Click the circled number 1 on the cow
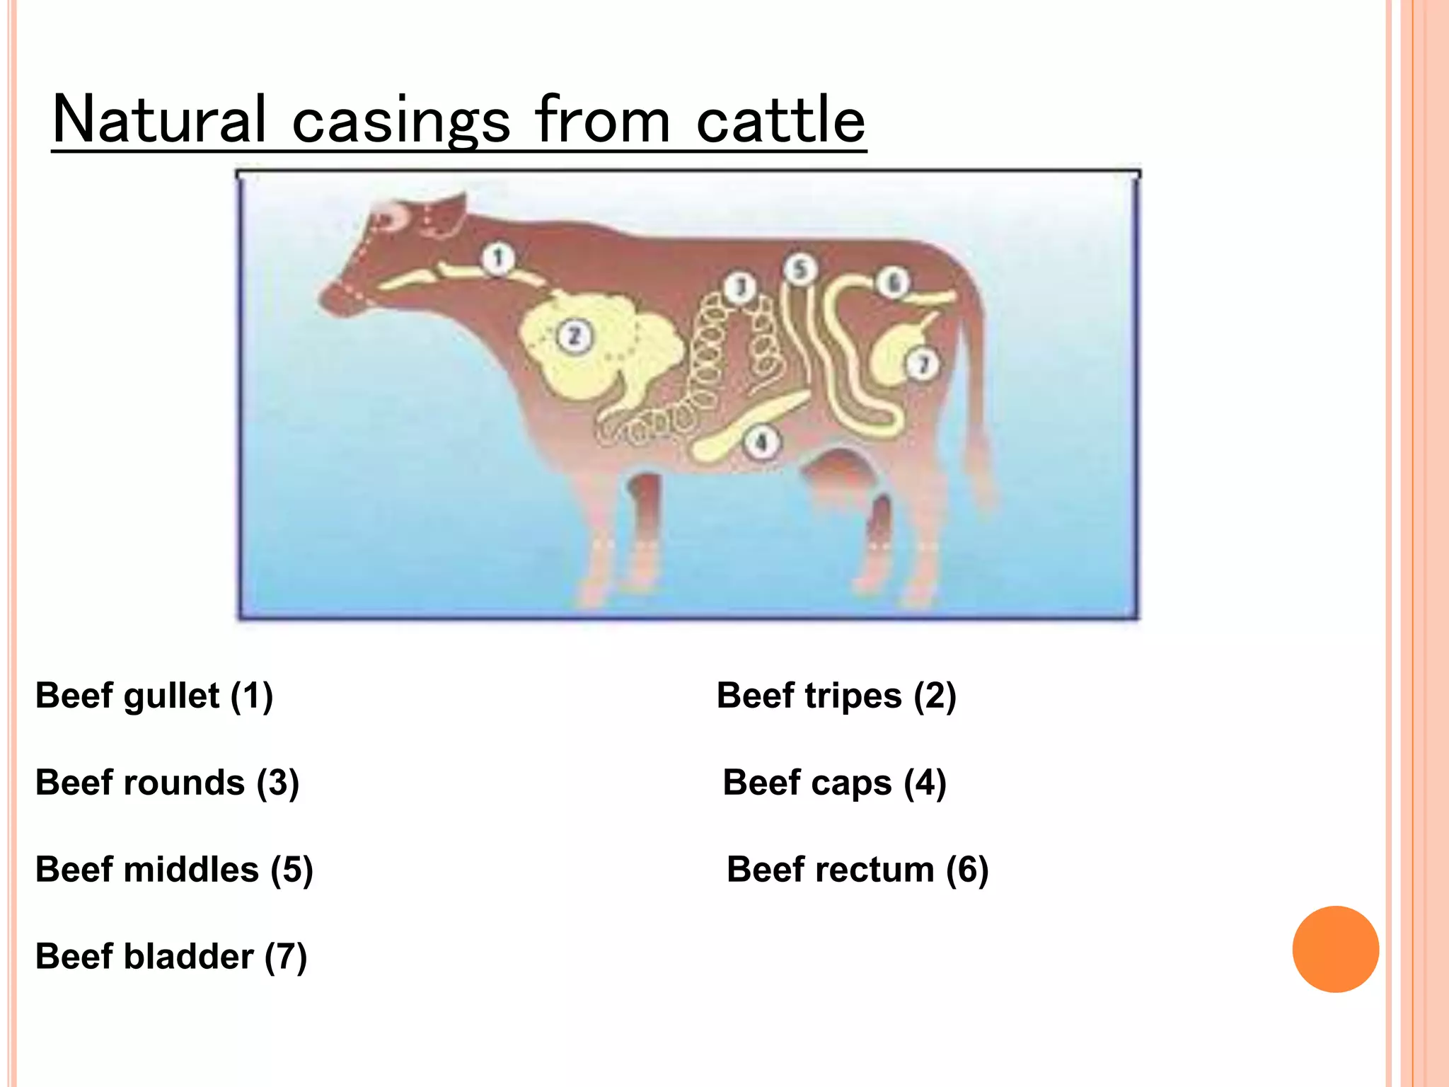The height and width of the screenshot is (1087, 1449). (x=499, y=258)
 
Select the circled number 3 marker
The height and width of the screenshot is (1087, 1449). (x=740, y=287)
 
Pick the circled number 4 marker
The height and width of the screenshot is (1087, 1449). (x=761, y=443)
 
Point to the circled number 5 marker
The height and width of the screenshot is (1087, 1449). (x=800, y=270)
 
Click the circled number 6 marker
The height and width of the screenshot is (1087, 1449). (x=894, y=283)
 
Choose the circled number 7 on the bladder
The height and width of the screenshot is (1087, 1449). (x=923, y=364)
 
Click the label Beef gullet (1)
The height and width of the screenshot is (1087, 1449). (x=154, y=696)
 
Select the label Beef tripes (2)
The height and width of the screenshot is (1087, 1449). (x=836, y=696)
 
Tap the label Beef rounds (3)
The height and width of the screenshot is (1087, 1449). (x=168, y=783)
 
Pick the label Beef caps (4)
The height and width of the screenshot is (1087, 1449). (x=834, y=783)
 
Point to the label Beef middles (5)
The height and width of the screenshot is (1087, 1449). (x=174, y=870)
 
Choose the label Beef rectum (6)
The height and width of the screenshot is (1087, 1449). (x=858, y=870)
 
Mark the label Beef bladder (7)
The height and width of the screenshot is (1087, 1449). (x=171, y=957)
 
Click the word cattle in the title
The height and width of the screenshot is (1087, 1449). (x=780, y=120)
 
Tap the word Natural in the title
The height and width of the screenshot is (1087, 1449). (x=160, y=120)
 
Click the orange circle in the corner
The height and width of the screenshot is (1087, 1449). (x=1335, y=949)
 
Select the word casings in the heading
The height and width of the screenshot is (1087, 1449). (x=400, y=122)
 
